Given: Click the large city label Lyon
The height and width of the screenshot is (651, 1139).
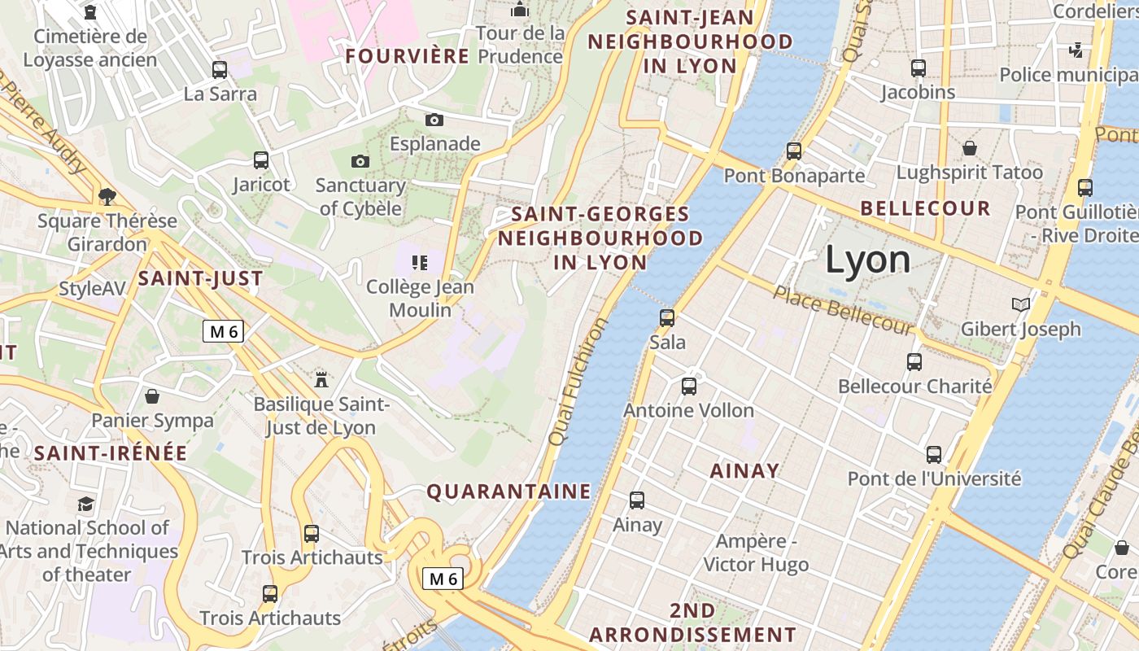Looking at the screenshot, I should [x=868, y=260].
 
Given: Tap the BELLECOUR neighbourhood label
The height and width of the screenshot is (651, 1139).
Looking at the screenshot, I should [x=925, y=208].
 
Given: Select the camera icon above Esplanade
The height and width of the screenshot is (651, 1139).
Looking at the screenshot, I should [x=434, y=120].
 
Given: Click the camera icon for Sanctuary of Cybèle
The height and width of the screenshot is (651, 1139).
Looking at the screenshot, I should [x=360, y=162].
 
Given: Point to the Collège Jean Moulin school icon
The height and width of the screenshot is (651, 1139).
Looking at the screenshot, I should [x=420, y=263].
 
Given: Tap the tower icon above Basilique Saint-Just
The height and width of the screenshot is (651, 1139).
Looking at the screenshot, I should [x=321, y=378].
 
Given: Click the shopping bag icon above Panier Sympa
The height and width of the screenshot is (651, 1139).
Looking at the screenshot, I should [x=151, y=396].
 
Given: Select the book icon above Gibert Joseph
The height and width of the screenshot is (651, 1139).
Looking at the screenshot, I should [x=1020, y=305].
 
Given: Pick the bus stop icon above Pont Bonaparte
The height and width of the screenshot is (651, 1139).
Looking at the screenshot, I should [x=794, y=151].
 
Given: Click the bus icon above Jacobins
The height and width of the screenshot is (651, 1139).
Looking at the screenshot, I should [x=919, y=68].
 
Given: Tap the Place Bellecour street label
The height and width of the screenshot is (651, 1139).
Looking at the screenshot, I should [x=843, y=310].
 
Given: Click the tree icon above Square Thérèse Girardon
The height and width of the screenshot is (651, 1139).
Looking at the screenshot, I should [x=107, y=196].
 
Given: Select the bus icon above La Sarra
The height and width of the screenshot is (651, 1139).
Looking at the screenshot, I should [x=220, y=70].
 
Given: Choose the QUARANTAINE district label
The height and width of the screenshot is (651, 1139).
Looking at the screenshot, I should [x=508, y=492].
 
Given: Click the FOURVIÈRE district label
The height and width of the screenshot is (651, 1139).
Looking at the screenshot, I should [x=407, y=56].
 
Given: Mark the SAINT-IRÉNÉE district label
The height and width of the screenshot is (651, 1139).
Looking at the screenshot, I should [x=111, y=453].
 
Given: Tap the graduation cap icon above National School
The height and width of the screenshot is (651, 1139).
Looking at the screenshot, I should [x=85, y=504].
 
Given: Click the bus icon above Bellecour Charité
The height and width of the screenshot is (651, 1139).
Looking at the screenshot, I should [x=914, y=361].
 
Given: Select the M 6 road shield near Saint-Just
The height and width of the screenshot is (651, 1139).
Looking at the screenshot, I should [x=224, y=331].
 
